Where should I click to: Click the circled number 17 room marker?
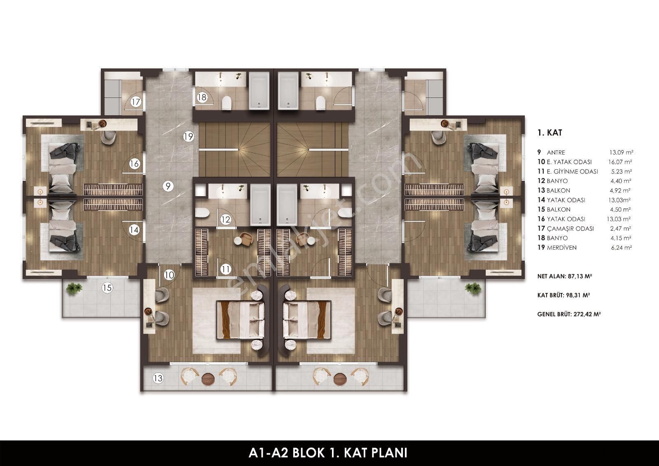pos(136,102)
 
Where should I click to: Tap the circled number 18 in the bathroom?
pos(202,97)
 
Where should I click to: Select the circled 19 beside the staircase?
pos(188,136)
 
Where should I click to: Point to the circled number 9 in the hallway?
pos(168,186)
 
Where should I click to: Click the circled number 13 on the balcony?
pos(158,378)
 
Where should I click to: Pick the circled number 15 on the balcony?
pos(107,287)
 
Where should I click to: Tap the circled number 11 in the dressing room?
pos(226,269)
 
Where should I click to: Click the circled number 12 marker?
pos(226,219)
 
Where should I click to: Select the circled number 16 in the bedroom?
pos(134,164)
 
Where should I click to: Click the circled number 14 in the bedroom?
pos(134,229)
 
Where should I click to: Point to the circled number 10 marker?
pos(169,275)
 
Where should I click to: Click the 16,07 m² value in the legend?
pos(620,162)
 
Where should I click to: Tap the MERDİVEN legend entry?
pos(562,248)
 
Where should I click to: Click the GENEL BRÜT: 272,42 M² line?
pos(569,314)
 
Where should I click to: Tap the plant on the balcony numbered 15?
pos(74,288)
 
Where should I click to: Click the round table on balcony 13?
pos(209,379)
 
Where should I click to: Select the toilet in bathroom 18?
pos(227,103)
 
